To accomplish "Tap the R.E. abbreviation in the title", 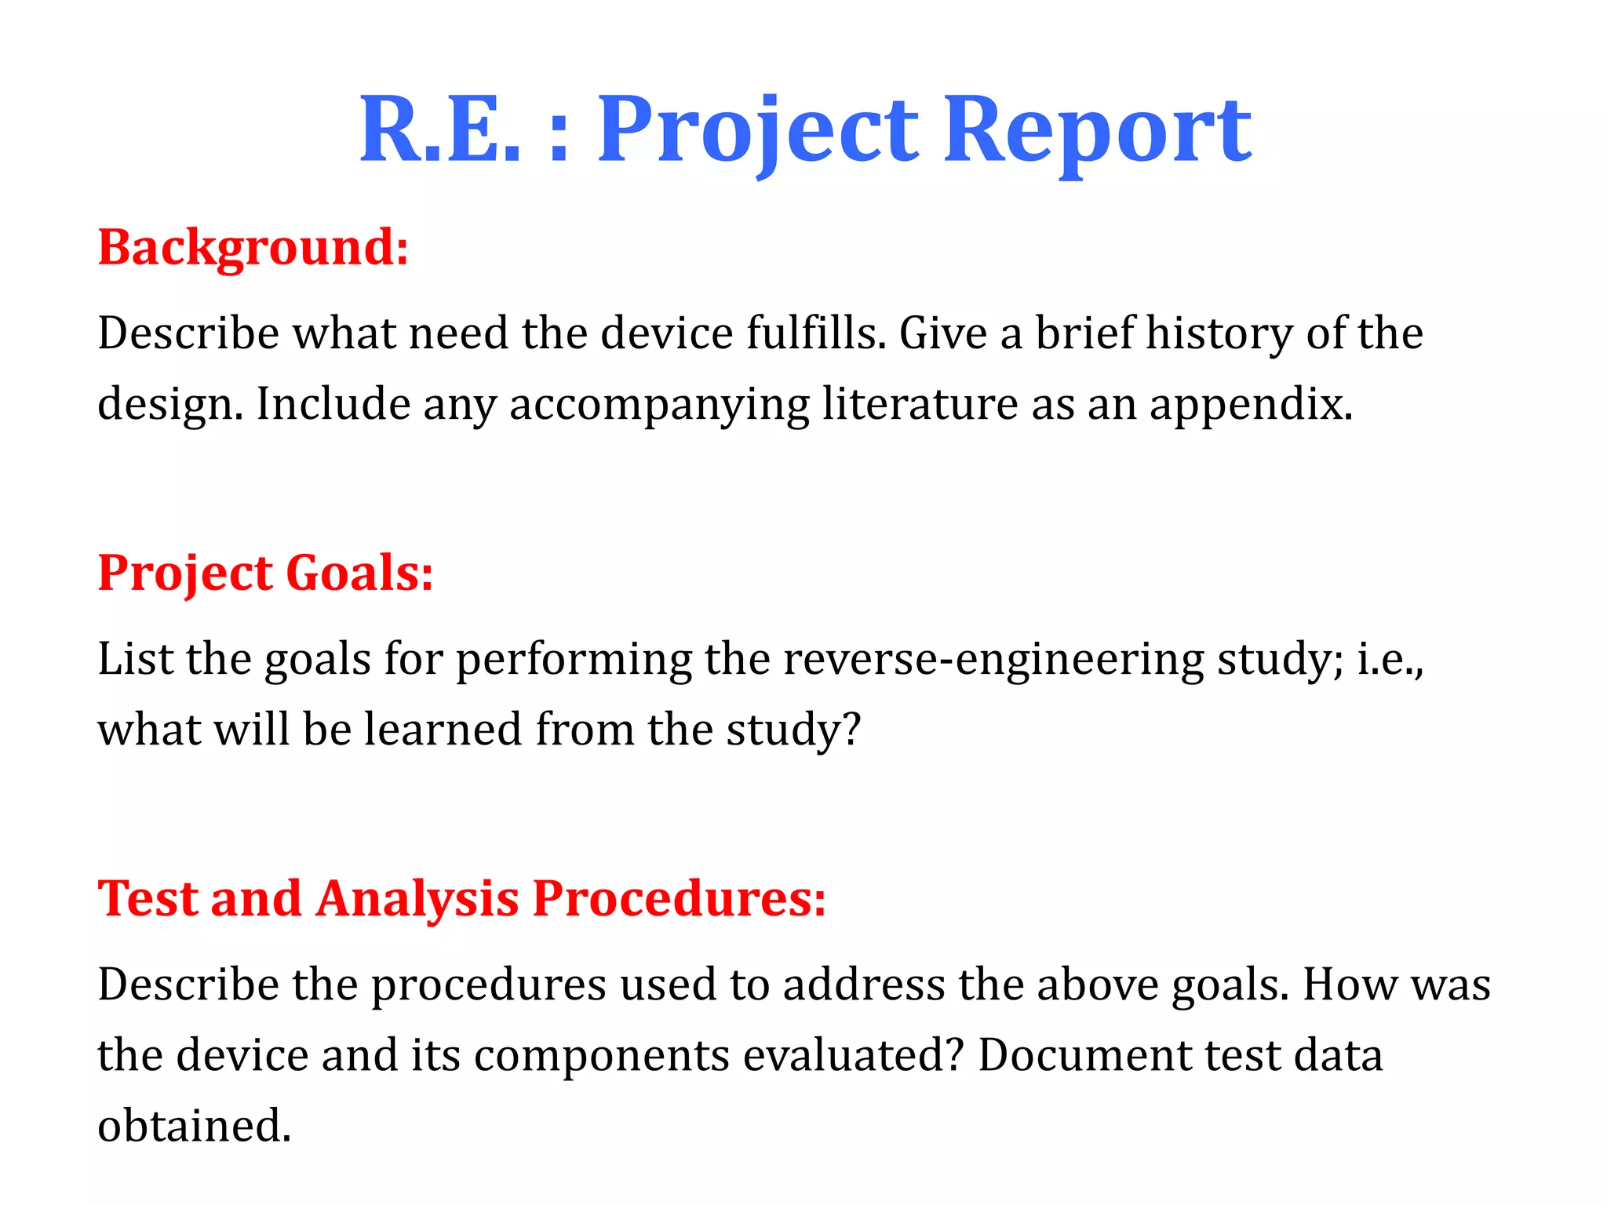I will click(x=440, y=129).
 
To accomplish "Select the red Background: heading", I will click(x=253, y=247).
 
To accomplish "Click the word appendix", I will click(x=1251, y=405).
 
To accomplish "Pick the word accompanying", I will click(x=659, y=405).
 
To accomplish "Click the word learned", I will click(x=443, y=729).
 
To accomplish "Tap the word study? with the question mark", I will click(x=793, y=730).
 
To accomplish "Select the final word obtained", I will click(x=194, y=1126).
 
